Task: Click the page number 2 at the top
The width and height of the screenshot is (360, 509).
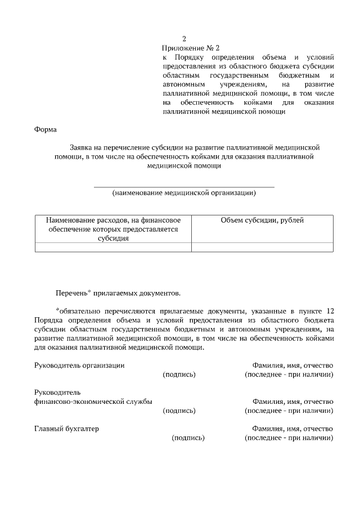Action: (183, 39)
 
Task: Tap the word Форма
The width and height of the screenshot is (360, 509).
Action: (46, 129)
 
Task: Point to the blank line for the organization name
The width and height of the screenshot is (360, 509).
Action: (183, 186)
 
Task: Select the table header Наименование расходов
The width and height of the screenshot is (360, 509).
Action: (112, 220)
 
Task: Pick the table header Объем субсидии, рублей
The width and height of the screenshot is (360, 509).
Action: (262, 220)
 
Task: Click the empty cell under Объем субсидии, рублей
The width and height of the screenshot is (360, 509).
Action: (262, 247)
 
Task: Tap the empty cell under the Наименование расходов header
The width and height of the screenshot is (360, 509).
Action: (113, 247)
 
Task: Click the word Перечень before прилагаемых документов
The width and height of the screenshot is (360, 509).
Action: (71, 293)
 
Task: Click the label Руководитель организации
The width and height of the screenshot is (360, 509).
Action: (79, 365)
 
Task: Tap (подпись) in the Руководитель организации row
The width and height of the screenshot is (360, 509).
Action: (179, 375)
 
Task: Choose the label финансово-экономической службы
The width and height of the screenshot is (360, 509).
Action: (93, 402)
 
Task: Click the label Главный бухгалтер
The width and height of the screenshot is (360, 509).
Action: (66, 429)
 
